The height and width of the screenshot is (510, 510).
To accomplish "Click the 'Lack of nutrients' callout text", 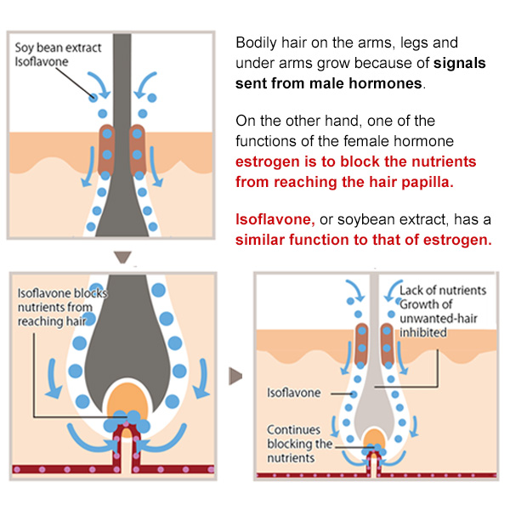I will click(442, 290).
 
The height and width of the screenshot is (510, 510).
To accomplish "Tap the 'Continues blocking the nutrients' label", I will click(299, 444).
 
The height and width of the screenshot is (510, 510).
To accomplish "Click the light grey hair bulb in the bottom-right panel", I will click(374, 399).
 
